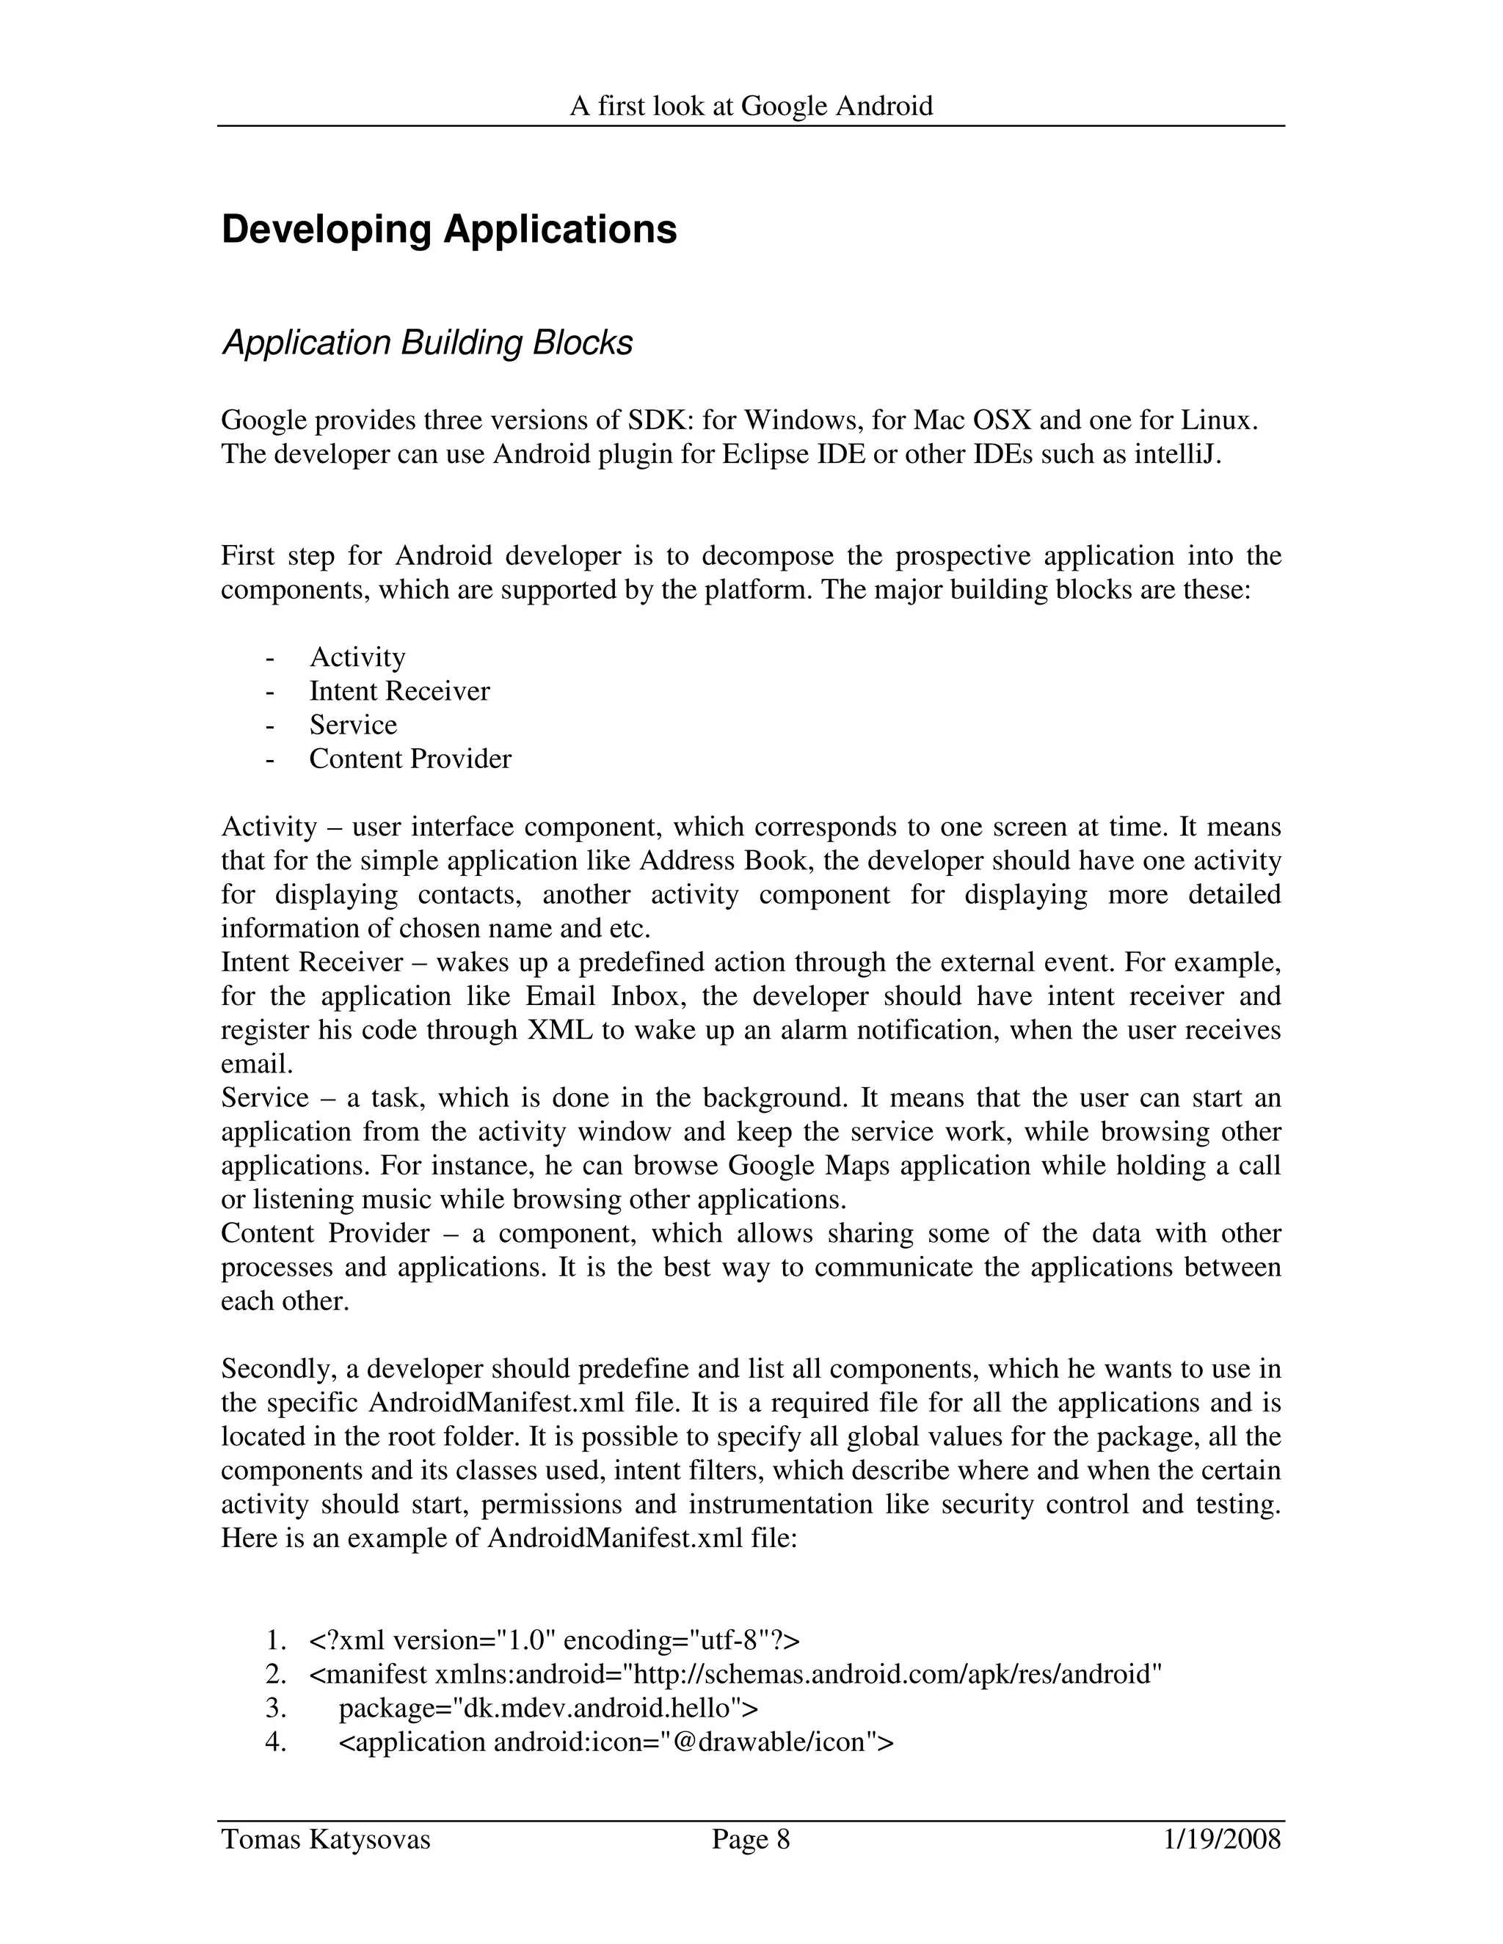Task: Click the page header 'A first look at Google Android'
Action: click(751, 107)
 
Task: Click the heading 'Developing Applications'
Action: click(448, 230)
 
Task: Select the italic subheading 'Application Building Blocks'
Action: click(426, 343)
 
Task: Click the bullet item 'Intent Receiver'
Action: click(399, 691)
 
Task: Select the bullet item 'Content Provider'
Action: click(410, 759)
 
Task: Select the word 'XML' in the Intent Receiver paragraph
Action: click(560, 1030)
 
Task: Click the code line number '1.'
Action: click(275, 1640)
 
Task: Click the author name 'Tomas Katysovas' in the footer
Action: click(325, 1839)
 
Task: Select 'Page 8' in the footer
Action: click(751, 1839)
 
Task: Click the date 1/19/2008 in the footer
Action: click(1222, 1839)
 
